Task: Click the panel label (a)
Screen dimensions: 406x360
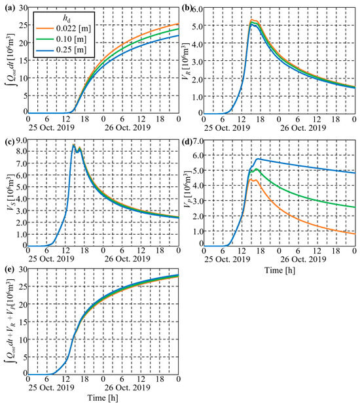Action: click(x=8, y=8)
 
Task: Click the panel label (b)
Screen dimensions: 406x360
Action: click(x=188, y=8)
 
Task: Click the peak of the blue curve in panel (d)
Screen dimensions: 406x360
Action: click(x=259, y=158)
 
